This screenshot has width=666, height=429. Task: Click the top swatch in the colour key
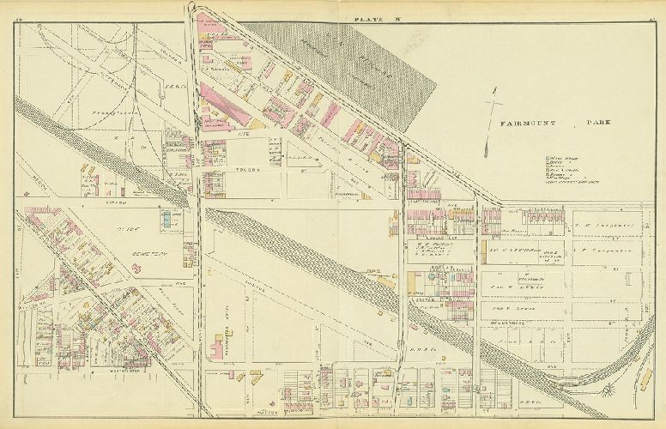(549, 159)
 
